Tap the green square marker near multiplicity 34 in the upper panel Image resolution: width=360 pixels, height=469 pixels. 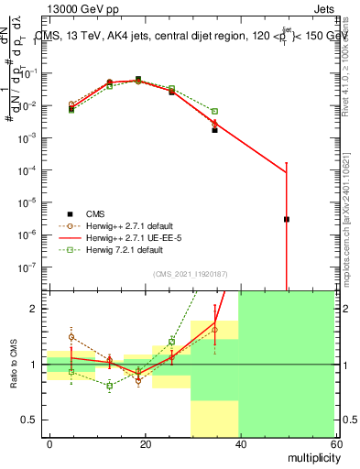click(x=214, y=111)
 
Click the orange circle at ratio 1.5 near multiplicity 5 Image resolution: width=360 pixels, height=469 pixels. click(x=71, y=337)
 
